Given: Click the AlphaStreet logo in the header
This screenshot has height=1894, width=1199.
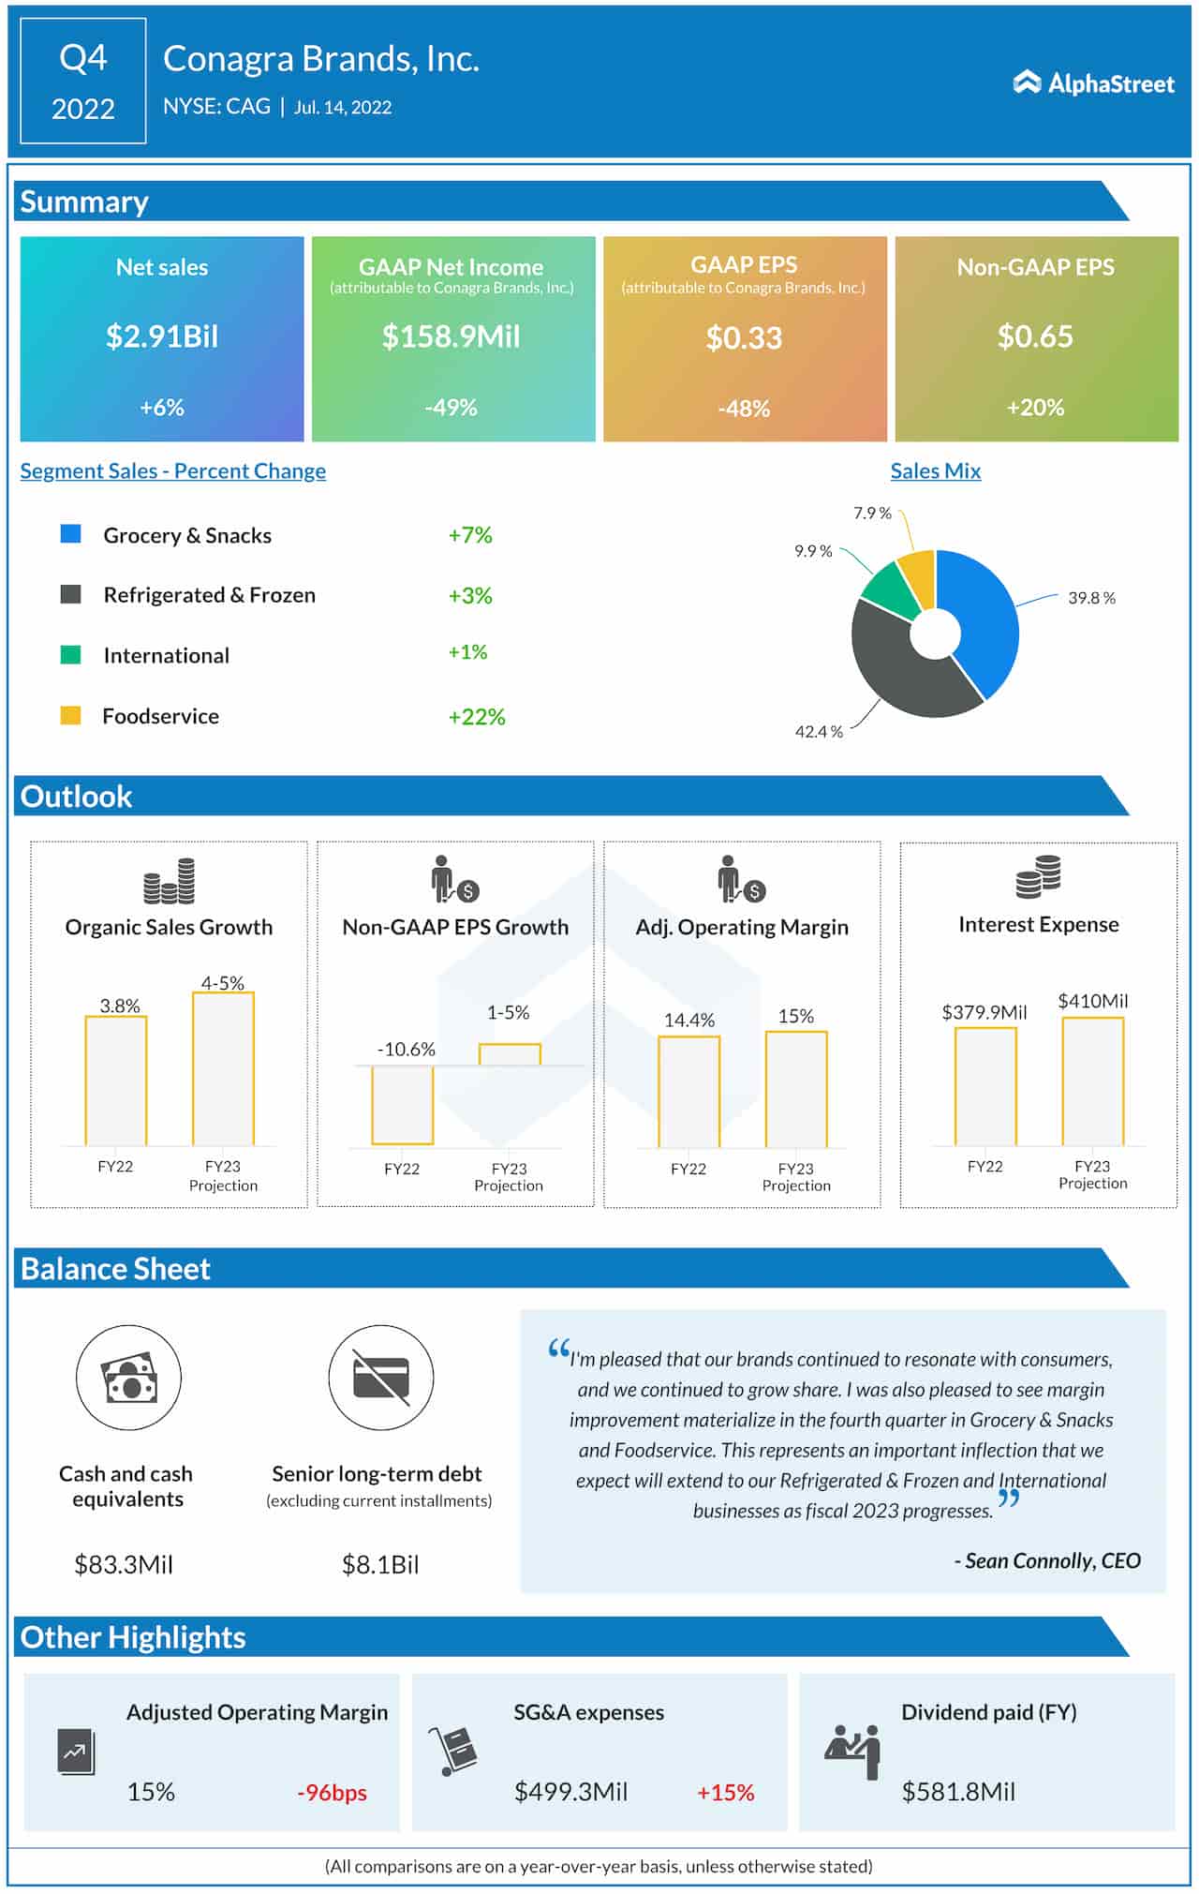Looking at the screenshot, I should point(1093,83).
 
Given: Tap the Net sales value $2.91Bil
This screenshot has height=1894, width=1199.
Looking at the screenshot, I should point(162,336).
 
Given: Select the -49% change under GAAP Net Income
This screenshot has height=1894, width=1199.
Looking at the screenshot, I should point(451,408).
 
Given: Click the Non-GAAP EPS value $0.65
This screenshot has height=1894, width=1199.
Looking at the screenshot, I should point(1035,336).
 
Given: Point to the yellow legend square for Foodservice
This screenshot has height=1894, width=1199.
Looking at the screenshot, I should point(70,716).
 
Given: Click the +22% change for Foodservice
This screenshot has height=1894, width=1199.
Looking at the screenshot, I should point(477,717).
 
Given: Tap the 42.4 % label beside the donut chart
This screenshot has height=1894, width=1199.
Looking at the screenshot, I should point(819,732).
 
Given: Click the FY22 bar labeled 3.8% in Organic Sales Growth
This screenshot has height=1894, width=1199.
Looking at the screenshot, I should point(116,1081).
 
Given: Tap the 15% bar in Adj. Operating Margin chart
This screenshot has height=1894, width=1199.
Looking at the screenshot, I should point(796,1089).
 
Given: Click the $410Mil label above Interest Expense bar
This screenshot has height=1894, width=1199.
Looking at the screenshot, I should point(1093,1001).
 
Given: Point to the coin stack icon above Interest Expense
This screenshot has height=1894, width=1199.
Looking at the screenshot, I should point(1038,877).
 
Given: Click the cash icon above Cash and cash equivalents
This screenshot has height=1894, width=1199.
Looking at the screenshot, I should point(128,1377).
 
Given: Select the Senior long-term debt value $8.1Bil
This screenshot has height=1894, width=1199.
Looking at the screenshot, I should point(380,1564).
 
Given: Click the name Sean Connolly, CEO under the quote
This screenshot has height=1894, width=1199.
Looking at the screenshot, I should point(1047,1560).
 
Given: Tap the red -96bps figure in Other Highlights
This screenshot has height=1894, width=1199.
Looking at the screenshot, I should point(333,1792).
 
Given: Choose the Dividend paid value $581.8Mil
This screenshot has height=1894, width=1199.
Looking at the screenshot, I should point(958,1792).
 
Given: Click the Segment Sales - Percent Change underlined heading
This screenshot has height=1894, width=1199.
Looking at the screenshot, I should point(173,471).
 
